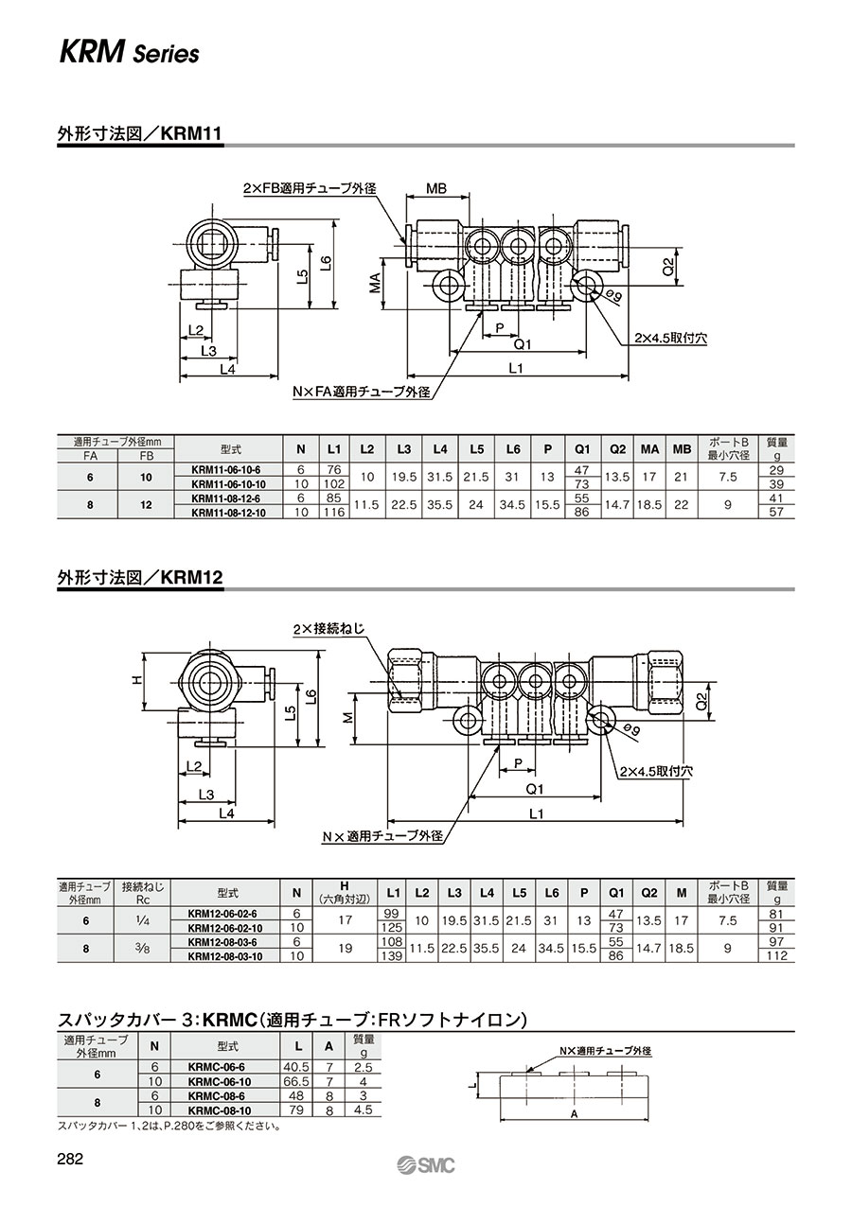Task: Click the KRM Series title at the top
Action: pyautogui.click(x=129, y=53)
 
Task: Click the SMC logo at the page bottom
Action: pyautogui.click(x=426, y=1163)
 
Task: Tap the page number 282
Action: pyautogui.click(x=70, y=1157)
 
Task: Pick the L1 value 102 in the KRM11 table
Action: pyautogui.click(x=334, y=483)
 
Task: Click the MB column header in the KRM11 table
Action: pyautogui.click(x=682, y=449)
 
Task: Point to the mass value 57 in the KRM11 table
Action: pyautogui.click(x=776, y=512)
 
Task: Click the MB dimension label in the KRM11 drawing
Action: pyautogui.click(x=436, y=189)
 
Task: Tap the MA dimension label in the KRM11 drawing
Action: pyautogui.click(x=375, y=283)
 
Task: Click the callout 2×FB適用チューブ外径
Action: pyautogui.click(x=310, y=188)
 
